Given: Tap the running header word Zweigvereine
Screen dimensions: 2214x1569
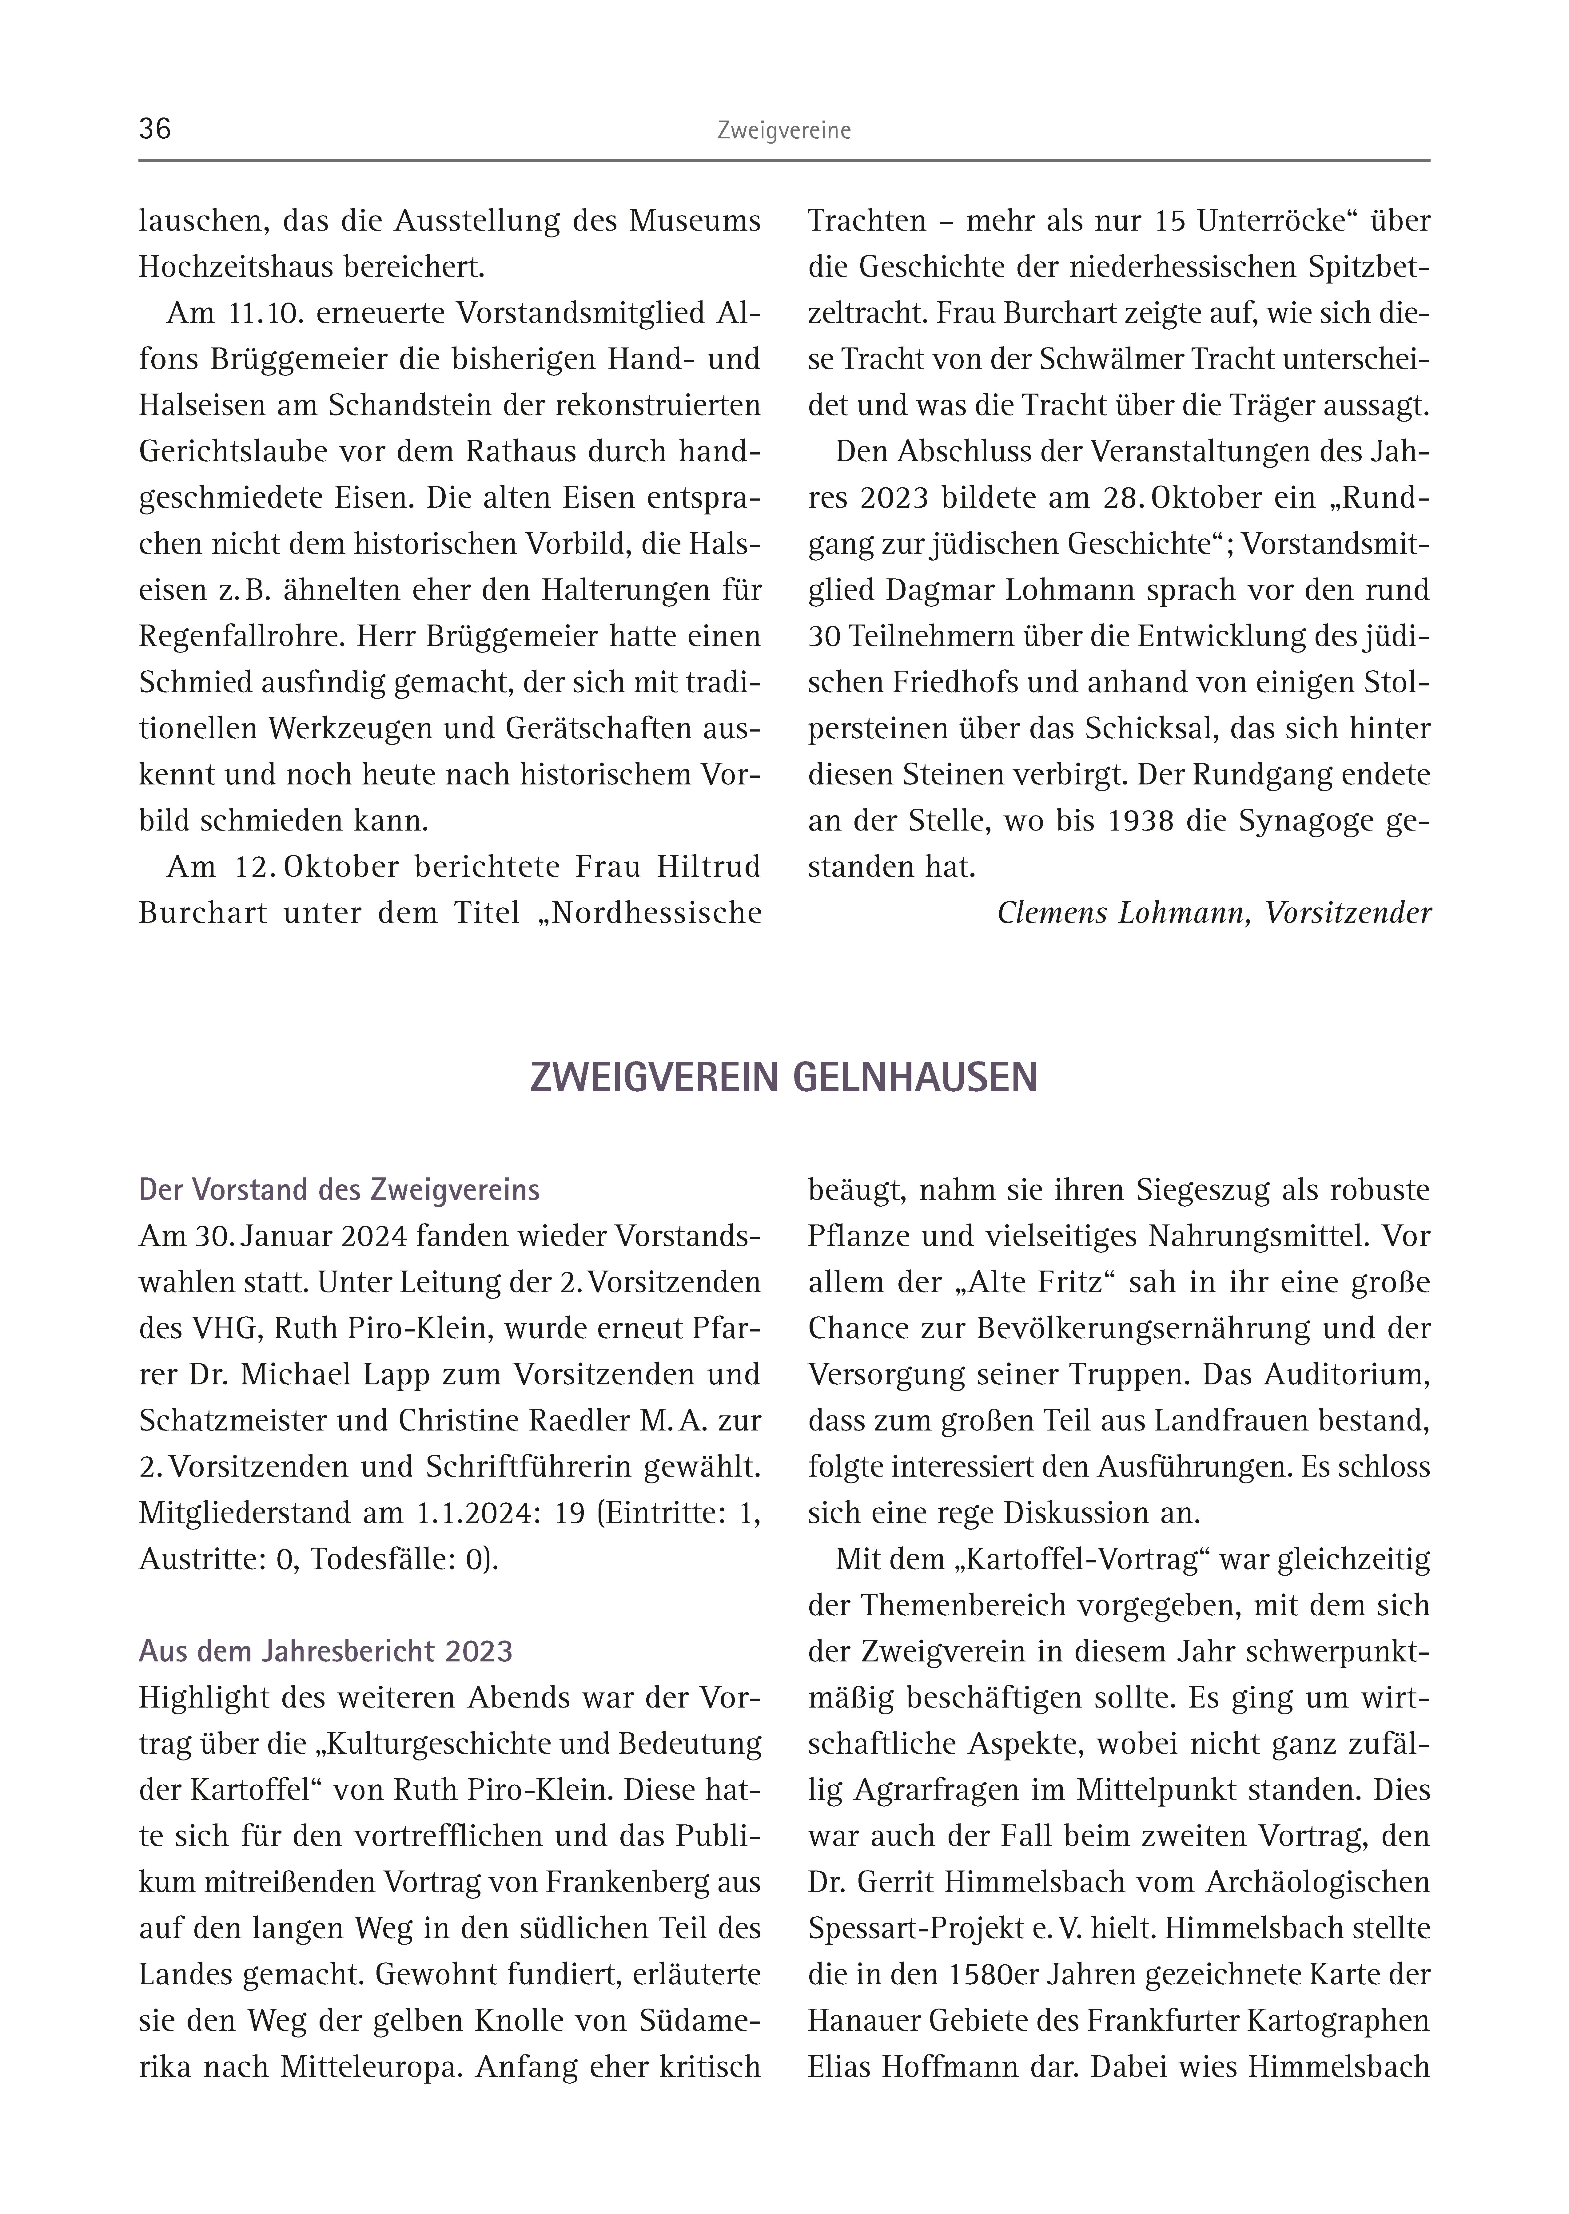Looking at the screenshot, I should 783,131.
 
